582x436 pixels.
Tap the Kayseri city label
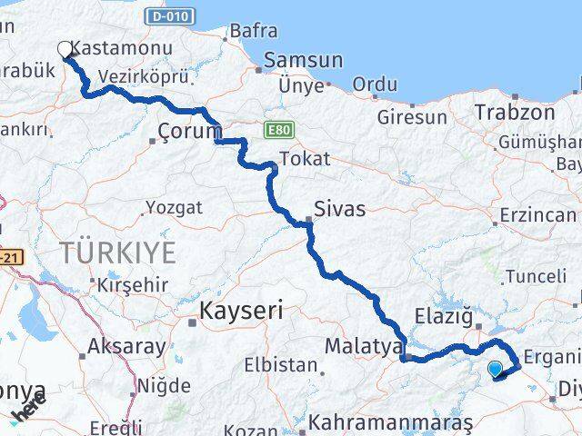pyautogui.click(x=242, y=311)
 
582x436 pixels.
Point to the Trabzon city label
pyautogui.click(x=515, y=113)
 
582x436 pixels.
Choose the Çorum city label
pyautogui.click(x=187, y=130)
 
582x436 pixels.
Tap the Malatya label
pyautogui.click(x=364, y=346)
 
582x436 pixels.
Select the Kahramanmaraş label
pyautogui.click(x=391, y=422)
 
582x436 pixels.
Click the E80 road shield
pyautogui.click(x=277, y=131)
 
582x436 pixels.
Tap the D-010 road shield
pyautogui.click(x=168, y=17)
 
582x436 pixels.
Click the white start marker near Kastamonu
pyautogui.click(x=65, y=49)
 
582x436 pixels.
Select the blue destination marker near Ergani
pyautogui.click(x=496, y=369)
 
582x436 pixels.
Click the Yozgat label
pyautogui.click(x=173, y=208)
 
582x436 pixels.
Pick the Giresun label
pyautogui.click(x=413, y=117)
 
